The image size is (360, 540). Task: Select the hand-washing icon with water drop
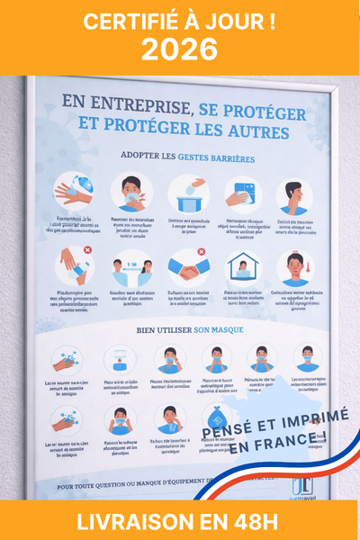click(x=75, y=191)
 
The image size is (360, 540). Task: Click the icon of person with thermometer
click(x=293, y=268)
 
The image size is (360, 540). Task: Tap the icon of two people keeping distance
click(x=131, y=269)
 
